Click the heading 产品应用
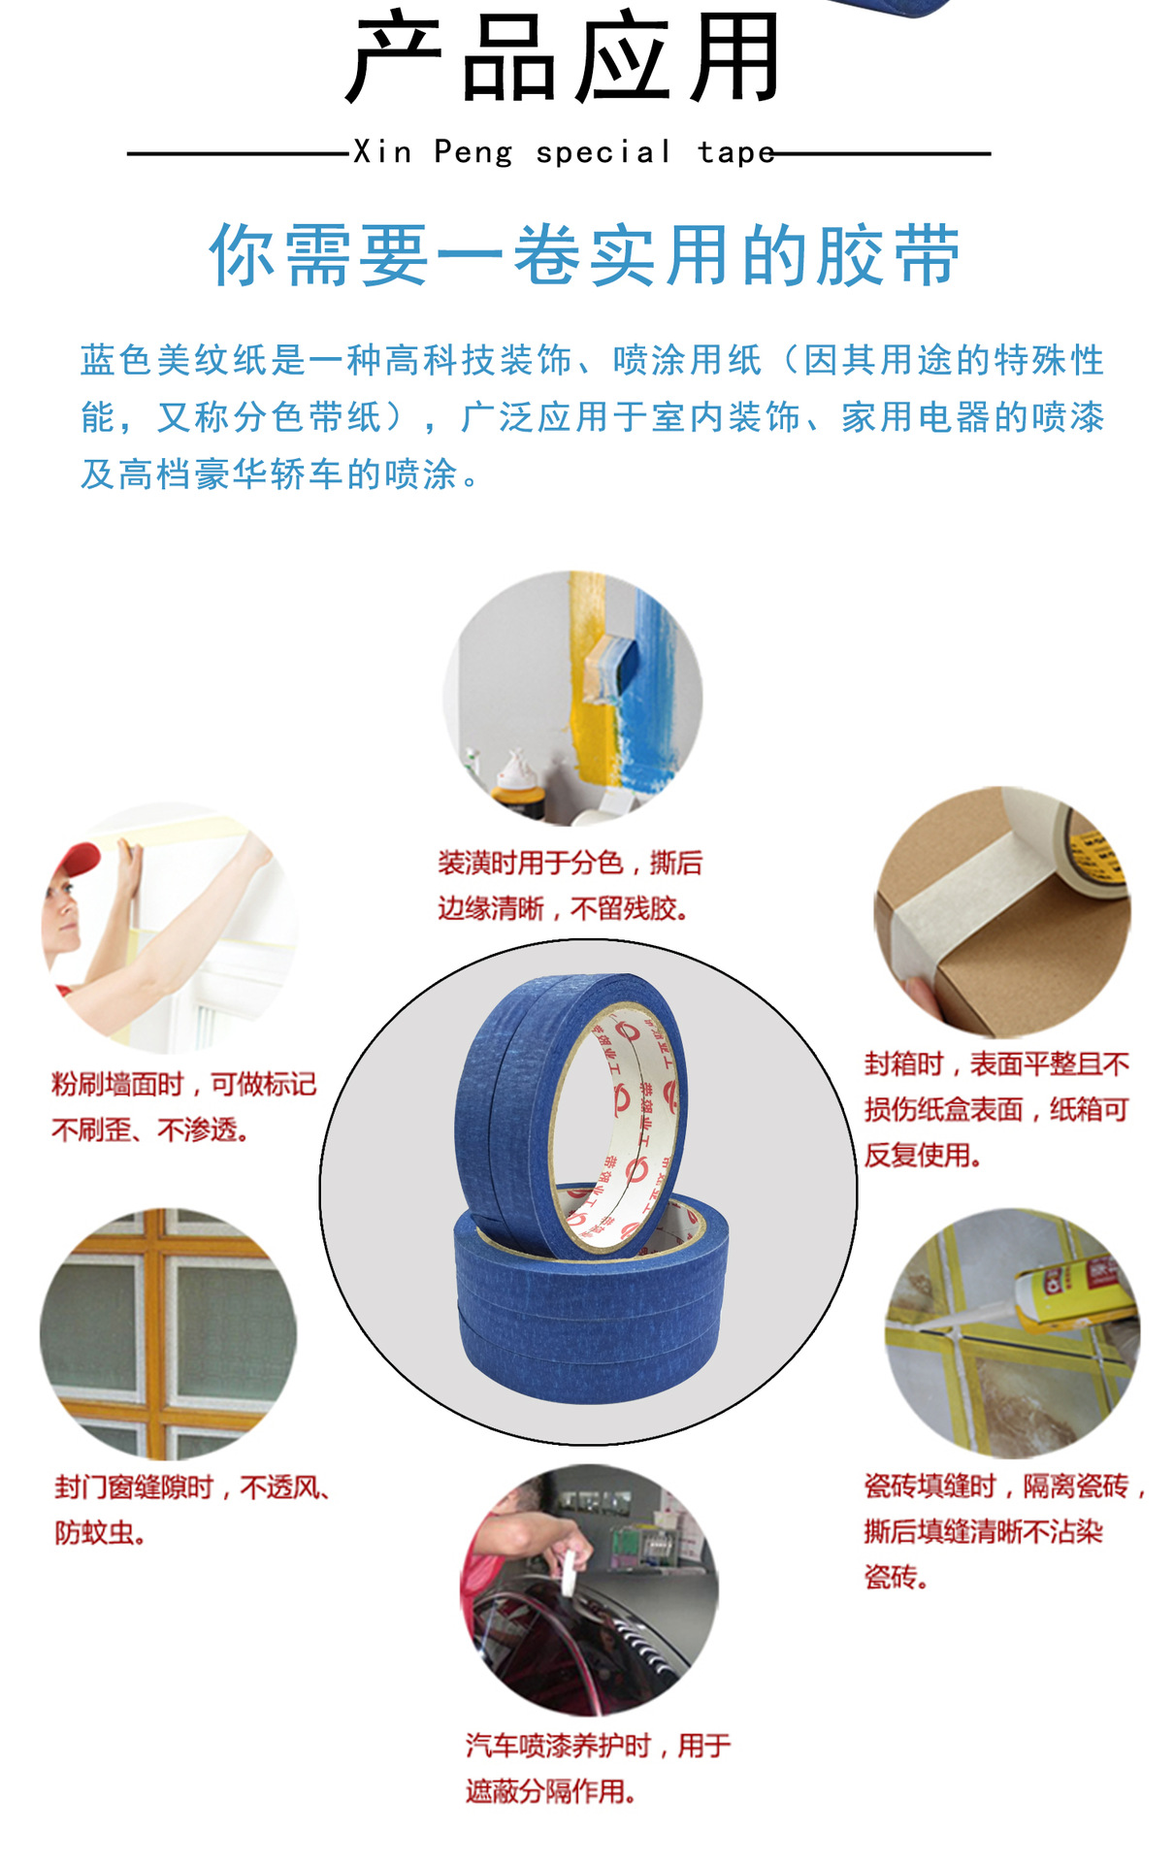(x=563, y=58)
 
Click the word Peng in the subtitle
(x=473, y=152)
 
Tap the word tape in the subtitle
(x=735, y=152)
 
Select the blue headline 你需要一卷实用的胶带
(x=585, y=255)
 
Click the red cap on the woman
(x=76, y=861)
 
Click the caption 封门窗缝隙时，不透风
(x=192, y=1487)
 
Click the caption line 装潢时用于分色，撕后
(x=570, y=863)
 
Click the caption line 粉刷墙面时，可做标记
(x=183, y=1084)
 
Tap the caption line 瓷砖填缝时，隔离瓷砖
(x=1004, y=1487)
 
